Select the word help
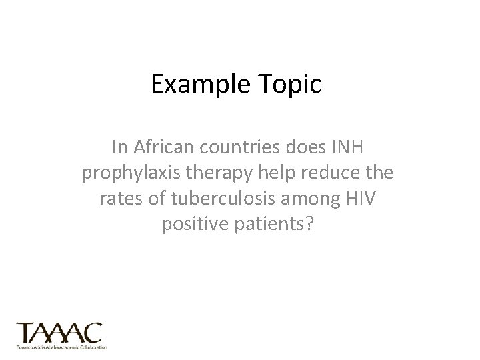pyautogui.click(x=279, y=173)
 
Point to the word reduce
pyautogui.click(x=334, y=173)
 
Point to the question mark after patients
pyautogui.click(x=309, y=225)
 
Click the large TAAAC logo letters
pyautogui.click(x=59, y=332)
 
